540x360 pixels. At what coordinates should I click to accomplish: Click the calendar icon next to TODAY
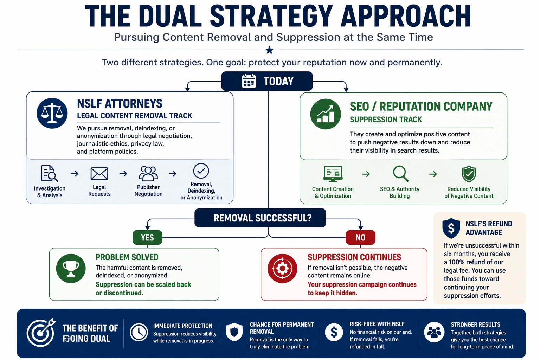pyautogui.click(x=249, y=81)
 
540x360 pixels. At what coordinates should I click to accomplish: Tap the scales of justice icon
pyautogui.click(x=52, y=113)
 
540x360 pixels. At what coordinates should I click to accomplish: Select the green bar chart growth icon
pyautogui.click(x=326, y=114)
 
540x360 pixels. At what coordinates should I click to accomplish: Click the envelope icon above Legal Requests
pyautogui.click(x=99, y=174)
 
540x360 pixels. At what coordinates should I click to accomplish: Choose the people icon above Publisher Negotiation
pyautogui.click(x=148, y=173)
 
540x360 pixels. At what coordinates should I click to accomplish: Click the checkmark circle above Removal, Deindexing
pyautogui.click(x=201, y=171)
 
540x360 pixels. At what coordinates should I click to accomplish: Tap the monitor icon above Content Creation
pyautogui.click(x=333, y=174)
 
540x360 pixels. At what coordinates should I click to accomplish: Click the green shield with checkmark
pyautogui.click(x=469, y=174)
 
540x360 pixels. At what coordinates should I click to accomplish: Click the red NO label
pyautogui.click(x=360, y=238)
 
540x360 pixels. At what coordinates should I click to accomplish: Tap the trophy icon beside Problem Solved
pyautogui.click(x=71, y=268)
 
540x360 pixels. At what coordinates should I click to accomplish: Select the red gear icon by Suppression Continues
pyautogui.click(x=282, y=268)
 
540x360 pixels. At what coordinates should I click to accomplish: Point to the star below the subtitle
pyautogui.click(x=269, y=50)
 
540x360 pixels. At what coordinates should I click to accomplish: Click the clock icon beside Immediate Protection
pyautogui.click(x=139, y=332)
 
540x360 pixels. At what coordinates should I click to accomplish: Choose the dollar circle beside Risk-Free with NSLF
pyautogui.click(x=334, y=332)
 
